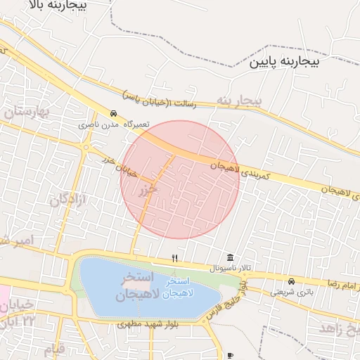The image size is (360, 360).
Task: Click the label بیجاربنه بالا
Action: (x=56, y=6)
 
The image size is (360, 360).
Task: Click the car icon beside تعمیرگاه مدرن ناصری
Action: (x=113, y=113)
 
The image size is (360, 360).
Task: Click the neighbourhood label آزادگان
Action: (x=67, y=200)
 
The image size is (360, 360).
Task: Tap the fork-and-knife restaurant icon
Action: (x=174, y=258)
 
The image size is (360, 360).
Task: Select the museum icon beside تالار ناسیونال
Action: (x=230, y=258)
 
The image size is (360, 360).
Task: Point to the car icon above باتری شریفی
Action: (x=291, y=281)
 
